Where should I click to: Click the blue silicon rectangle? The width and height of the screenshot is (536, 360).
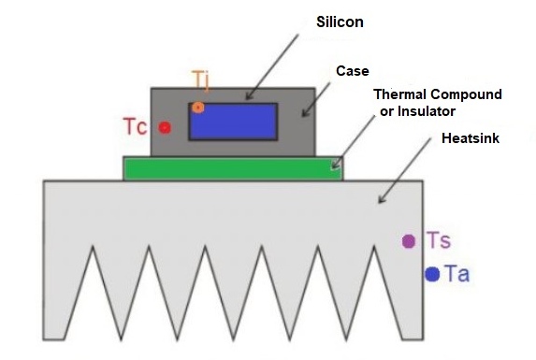point(233,122)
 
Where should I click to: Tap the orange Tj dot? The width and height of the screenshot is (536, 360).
point(198,108)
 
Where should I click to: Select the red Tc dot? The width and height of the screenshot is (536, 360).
point(165,127)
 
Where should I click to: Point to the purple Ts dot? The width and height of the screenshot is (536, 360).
point(409,241)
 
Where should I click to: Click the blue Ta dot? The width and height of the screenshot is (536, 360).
point(432,274)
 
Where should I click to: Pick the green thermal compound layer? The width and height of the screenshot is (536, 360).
point(232,168)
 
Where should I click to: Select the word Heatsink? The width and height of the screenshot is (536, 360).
point(471,137)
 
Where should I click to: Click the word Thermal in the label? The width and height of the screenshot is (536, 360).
point(399,95)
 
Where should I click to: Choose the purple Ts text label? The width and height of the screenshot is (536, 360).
point(439,241)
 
